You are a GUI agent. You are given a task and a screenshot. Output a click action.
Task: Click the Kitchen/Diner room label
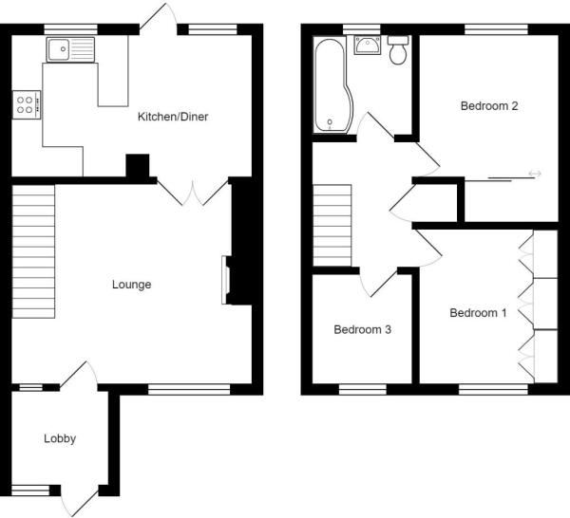[x=173, y=117]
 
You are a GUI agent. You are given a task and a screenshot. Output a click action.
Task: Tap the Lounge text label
[x=131, y=284]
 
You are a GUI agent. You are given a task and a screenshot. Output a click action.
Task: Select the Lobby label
[x=59, y=438]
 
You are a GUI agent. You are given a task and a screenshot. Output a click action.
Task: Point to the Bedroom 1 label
[x=478, y=313]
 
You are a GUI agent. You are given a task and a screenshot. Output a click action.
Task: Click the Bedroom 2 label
[x=488, y=106]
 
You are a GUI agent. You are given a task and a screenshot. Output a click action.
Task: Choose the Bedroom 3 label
[x=362, y=330]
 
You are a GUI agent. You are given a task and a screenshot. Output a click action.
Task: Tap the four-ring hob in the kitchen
[x=26, y=103]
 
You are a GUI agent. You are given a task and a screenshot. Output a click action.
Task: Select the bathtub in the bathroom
[x=332, y=85]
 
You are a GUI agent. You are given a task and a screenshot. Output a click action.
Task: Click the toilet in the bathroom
[x=398, y=50]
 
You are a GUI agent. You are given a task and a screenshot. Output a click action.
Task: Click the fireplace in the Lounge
[x=226, y=280]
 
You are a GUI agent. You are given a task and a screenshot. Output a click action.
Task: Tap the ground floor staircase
[x=34, y=251]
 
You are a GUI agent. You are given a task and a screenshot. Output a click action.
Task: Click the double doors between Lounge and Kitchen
[x=192, y=193]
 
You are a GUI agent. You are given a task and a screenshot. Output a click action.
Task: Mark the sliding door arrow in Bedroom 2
[x=534, y=174]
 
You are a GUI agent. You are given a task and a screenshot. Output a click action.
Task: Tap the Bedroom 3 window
[x=363, y=388]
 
